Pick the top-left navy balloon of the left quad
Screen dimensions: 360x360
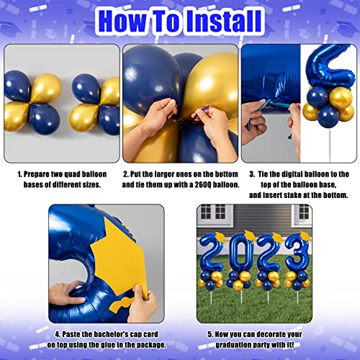19,85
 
